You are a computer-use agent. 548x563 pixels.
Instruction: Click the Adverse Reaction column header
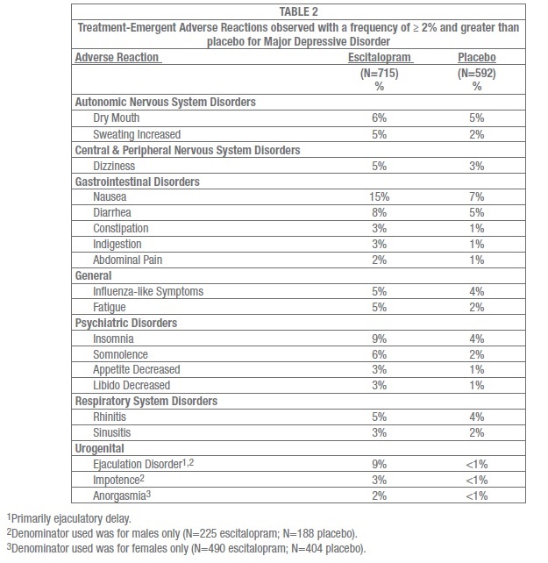(120, 57)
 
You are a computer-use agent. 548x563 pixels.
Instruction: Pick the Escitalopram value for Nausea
(380, 198)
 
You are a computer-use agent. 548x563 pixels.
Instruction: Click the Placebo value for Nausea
(478, 198)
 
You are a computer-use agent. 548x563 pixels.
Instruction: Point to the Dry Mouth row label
(117, 118)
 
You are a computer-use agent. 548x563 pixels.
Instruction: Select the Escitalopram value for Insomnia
(380, 339)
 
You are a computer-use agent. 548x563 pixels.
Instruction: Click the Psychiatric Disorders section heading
(126, 324)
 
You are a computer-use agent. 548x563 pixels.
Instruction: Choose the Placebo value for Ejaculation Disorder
(478, 465)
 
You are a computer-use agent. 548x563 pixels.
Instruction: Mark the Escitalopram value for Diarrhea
(380, 214)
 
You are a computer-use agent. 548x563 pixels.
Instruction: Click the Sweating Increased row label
(137, 134)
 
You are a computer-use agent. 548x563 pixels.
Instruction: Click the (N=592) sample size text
(478, 74)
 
